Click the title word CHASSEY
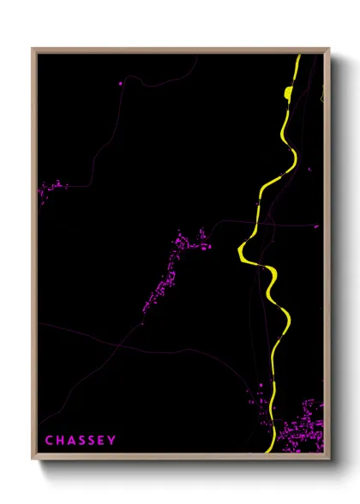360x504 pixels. pos(80,441)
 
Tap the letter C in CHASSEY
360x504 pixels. pos(49,441)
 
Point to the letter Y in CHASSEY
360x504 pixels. pos(111,441)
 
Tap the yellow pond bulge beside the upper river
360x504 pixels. pos(289,92)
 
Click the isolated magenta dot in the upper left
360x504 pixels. pos(121,84)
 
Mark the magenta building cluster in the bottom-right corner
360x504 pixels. pos(306,424)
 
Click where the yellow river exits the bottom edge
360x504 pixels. pos(271,449)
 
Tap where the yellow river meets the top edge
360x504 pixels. pos(298,57)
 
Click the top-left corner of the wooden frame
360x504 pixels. pos(33,49)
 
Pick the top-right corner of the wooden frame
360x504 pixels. pos(330,49)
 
